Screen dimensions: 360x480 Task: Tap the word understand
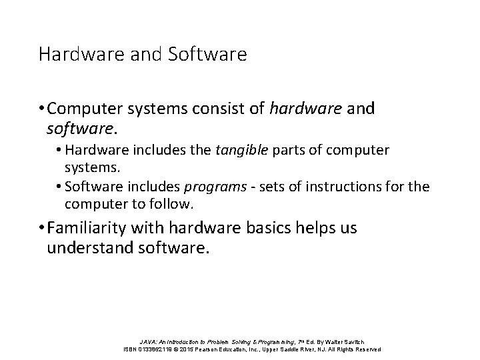[x=93, y=249]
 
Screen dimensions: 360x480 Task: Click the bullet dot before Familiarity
[x=42, y=229]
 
